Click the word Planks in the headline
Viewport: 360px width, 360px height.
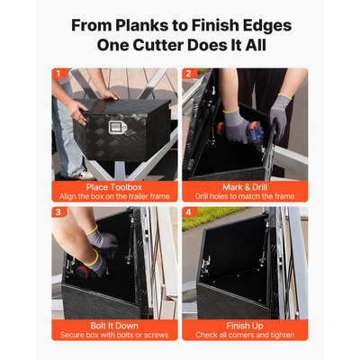pos(141,26)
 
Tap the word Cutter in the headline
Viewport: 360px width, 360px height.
pos(157,45)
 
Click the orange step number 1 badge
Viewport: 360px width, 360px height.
pos(58,74)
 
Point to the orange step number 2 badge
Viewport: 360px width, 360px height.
pos(188,74)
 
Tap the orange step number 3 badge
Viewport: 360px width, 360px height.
pos(58,212)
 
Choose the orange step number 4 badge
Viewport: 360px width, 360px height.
pos(188,212)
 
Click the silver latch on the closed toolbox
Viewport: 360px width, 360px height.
pos(118,128)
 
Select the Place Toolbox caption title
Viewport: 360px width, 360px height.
pos(114,187)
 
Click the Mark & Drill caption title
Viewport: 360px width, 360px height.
pos(245,187)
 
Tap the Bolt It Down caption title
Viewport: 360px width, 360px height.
pos(114,326)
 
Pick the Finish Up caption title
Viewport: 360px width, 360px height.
pos(245,326)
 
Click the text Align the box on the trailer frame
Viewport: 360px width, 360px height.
pos(114,196)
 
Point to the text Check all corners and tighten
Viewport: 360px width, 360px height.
pos(245,335)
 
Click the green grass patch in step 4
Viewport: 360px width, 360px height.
pos(210,217)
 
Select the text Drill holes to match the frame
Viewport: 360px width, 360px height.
pos(245,196)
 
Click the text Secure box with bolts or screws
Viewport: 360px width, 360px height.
pos(114,335)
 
